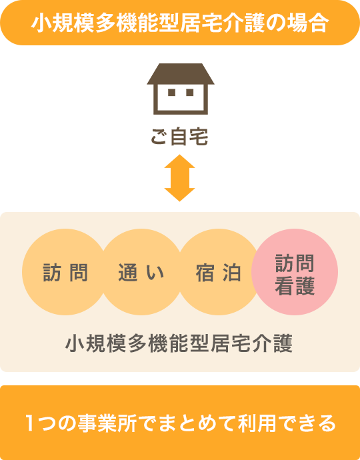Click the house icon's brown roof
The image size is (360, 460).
click(x=181, y=74)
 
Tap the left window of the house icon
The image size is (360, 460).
click(x=171, y=92)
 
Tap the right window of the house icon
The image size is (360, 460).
click(x=189, y=92)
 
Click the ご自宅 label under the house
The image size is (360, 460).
click(x=179, y=137)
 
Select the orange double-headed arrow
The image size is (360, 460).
click(x=179, y=178)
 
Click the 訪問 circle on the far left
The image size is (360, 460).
click(x=65, y=272)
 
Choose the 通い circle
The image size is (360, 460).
click(x=141, y=272)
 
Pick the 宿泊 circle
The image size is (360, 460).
click(x=218, y=272)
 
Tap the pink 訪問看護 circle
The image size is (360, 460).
click(x=295, y=272)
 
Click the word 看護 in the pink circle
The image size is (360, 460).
click(x=295, y=285)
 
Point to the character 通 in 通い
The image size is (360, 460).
click(x=128, y=273)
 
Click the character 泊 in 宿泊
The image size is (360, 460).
click(x=232, y=273)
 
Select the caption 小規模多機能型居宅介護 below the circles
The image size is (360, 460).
click(x=179, y=343)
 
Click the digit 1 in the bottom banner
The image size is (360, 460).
click(x=29, y=423)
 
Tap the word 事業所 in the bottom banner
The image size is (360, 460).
click(x=107, y=423)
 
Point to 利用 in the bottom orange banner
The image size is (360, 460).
click(x=257, y=423)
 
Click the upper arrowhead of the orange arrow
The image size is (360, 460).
click(x=179, y=161)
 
